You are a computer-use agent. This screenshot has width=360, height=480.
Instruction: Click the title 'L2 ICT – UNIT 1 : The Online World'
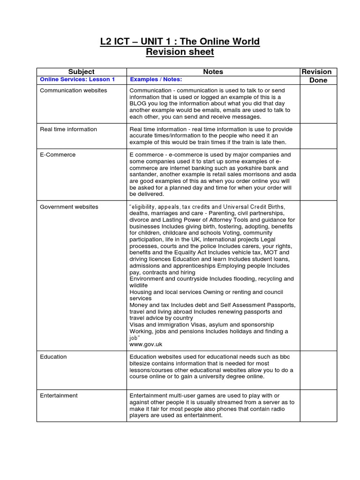coord(180,42)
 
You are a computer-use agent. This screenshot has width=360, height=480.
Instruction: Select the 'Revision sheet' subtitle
coord(180,52)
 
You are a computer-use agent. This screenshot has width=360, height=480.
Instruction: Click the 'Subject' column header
coord(81,72)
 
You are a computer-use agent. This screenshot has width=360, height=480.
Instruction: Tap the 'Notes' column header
coord(213,72)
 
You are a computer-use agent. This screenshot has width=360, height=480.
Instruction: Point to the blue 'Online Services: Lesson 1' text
coord(77,80)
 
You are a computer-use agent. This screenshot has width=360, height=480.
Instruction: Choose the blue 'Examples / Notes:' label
coord(156,80)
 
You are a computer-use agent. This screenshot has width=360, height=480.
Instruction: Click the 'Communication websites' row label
coord(73,90)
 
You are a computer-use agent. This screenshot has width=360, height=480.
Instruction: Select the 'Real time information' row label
coord(68,129)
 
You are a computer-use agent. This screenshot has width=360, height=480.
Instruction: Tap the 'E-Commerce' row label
coord(58,155)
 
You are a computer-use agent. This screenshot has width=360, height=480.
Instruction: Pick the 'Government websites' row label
coord(69,207)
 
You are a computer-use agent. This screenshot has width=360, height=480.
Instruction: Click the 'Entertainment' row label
coord(59,396)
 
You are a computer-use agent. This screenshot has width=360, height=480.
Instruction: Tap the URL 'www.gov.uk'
coord(146,344)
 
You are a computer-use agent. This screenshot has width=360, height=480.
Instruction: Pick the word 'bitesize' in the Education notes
coord(141,363)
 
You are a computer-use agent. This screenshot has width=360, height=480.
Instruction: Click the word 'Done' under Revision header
coord(318,80)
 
